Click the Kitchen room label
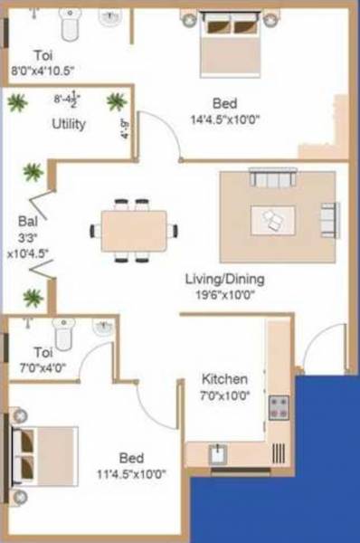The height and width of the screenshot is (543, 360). (219, 378)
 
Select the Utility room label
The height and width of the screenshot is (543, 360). (69, 124)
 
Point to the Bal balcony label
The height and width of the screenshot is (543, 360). (26, 220)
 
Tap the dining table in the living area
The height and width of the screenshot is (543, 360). (134, 231)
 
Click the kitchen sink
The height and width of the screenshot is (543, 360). (217, 453)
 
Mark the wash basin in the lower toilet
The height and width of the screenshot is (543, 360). (103, 329)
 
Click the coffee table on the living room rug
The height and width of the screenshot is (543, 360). (279, 219)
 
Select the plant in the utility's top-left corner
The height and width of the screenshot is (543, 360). (17, 102)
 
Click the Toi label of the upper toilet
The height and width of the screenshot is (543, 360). (43, 54)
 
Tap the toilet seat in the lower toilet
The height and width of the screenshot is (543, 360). (63, 332)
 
